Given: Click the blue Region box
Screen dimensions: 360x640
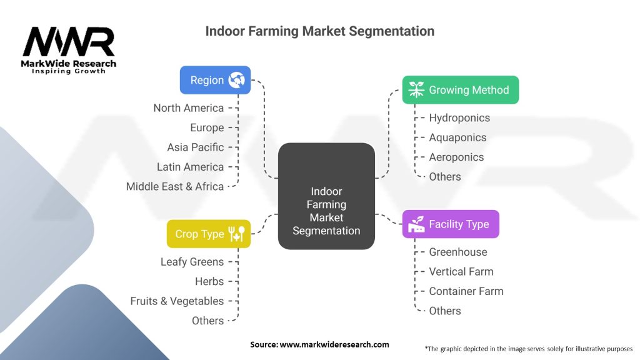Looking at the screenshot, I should tap(215, 80).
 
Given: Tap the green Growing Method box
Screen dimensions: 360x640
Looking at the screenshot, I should tap(461, 90).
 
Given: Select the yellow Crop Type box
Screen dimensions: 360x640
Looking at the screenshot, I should tap(208, 234).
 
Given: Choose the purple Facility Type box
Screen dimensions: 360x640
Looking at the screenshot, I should tap(451, 224).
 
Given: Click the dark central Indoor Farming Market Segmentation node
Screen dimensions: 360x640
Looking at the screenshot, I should tap(326, 196).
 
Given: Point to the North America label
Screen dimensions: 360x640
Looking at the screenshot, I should tap(188, 108).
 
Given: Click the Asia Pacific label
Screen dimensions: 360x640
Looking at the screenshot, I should tap(195, 147).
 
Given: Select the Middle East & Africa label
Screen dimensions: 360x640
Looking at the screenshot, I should tap(174, 186).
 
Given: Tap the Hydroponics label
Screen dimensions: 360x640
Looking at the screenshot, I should tap(459, 117).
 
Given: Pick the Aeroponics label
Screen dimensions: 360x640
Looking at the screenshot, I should tap(456, 157).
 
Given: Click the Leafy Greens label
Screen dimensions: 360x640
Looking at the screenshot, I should tap(192, 262).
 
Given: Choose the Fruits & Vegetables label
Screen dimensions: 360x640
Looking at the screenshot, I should tap(177, 301).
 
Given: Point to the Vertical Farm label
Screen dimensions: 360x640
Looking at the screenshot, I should tap(461, 271).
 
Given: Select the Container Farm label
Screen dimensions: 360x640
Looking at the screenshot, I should tap(466, 291).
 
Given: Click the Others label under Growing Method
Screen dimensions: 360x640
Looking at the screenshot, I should tap(444, 177).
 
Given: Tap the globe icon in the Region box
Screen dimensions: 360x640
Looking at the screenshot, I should tap(236, 80).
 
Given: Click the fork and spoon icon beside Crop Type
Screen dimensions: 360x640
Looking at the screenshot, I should tap(237, 234).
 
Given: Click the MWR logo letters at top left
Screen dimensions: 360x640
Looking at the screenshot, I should tap(69, 42).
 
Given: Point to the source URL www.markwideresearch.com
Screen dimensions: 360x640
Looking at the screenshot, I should tap(334, 344).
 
